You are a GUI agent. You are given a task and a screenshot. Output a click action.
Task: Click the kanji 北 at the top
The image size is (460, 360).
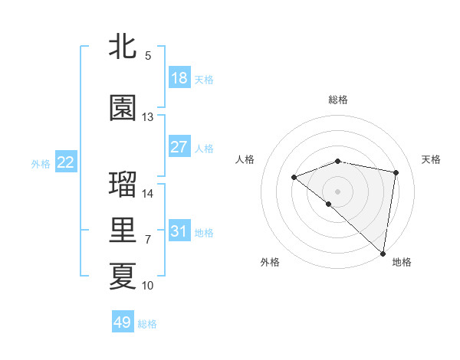pos(123,46)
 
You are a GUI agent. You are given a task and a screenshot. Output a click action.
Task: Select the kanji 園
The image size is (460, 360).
pos(123,109)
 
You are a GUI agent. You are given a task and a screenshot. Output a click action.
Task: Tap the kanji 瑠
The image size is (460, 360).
pos(123,185)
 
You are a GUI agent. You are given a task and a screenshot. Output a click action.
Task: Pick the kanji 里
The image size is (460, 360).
pos(123,231)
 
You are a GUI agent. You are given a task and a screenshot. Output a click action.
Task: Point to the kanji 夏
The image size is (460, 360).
pos(123,277)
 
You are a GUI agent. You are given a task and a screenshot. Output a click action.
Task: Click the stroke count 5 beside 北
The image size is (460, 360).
pos(148,55)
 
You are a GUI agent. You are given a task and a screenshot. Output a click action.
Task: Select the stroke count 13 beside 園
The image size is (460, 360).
pos(148,117)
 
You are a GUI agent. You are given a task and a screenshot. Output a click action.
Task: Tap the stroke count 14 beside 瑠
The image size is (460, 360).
pos(148,193)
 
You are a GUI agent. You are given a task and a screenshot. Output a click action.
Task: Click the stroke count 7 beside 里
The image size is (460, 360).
pos(148,240)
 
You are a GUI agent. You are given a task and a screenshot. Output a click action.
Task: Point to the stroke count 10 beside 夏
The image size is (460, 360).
pos(148,286)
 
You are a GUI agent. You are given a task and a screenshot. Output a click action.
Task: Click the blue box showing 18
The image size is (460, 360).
pos(179,78)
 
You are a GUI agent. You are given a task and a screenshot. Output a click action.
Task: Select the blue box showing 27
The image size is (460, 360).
pos(179,147)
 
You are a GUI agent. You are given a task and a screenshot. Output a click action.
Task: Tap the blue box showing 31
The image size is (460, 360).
pos(179,231)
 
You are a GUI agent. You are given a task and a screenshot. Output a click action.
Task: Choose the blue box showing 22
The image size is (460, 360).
pos(66,162)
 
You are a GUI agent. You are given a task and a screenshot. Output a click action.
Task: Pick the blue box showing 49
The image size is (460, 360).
pos(123,322)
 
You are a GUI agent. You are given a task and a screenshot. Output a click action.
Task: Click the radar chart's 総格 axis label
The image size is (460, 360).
pos(338,100)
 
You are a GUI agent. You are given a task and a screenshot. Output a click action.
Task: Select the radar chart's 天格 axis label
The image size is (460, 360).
pos(431,159)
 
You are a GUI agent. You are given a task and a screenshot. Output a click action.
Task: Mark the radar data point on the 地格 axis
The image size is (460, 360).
pos(383,253)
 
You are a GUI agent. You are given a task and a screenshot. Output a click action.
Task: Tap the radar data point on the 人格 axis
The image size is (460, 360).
pos(294,178)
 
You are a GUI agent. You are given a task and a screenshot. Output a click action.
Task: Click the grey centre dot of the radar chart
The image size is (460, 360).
pos(337,191)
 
